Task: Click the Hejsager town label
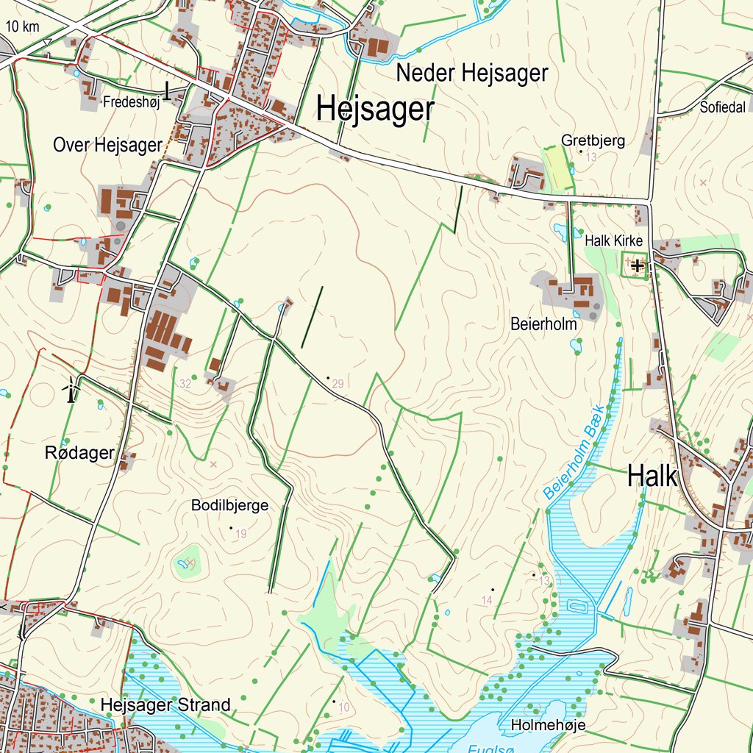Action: click(x=375, y=110)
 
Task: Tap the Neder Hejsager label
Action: click(x=472, y=74)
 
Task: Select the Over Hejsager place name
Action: click(x=107, y=145)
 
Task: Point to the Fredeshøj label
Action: click(x=132, y=101)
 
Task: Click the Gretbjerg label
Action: click(x=593, y=140)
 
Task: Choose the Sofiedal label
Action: click(x=723, y=107)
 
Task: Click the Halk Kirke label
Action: click(x=613, y=240)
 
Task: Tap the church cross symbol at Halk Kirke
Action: click(x=637, y=265)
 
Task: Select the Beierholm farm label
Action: click(x=544, y=323)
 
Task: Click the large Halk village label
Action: click(x=652, y=477)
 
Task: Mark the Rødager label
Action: click(x=79, y=453)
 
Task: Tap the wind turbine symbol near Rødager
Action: click(x=71, y=389)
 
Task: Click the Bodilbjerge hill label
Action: click(x=229, y=505)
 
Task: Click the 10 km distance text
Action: click(x=21, y=27)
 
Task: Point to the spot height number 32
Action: click(x=185, y=383)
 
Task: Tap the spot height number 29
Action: click(x=338, y=384)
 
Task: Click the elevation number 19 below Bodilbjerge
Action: click(x=241, y=534)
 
